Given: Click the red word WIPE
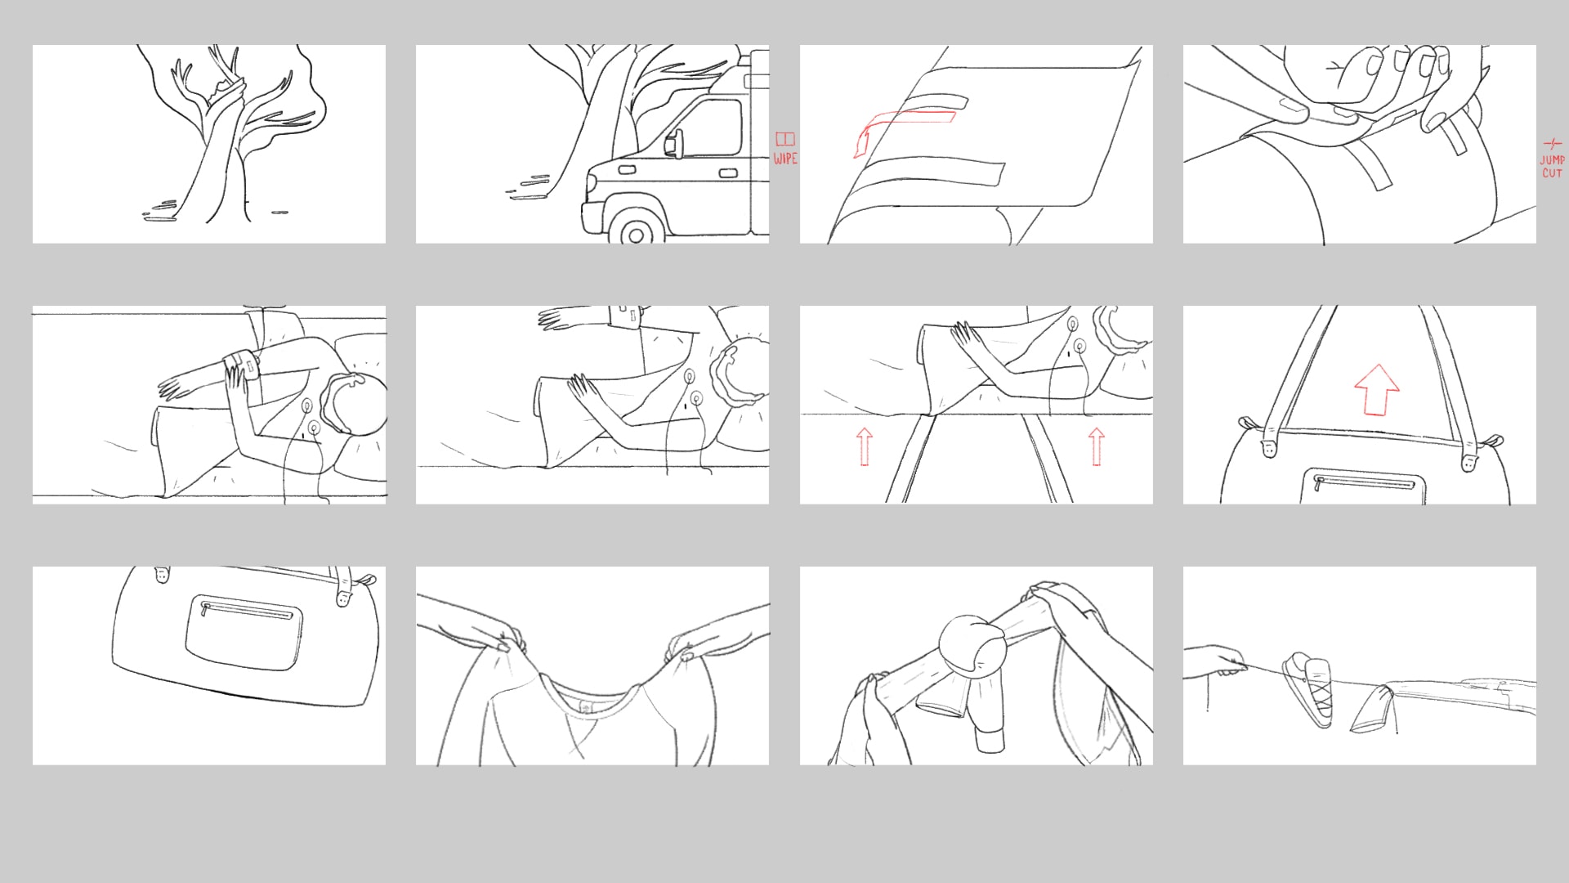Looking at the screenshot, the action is point(785,159).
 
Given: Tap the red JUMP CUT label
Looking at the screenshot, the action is point(1552,167).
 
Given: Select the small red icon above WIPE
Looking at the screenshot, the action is point(785,139).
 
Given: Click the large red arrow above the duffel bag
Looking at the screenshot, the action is point(1377,390).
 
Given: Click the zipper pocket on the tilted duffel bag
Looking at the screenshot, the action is point(244,633).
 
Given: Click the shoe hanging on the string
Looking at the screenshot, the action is point(1309,689).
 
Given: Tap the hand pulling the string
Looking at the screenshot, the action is point(1216,661).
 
